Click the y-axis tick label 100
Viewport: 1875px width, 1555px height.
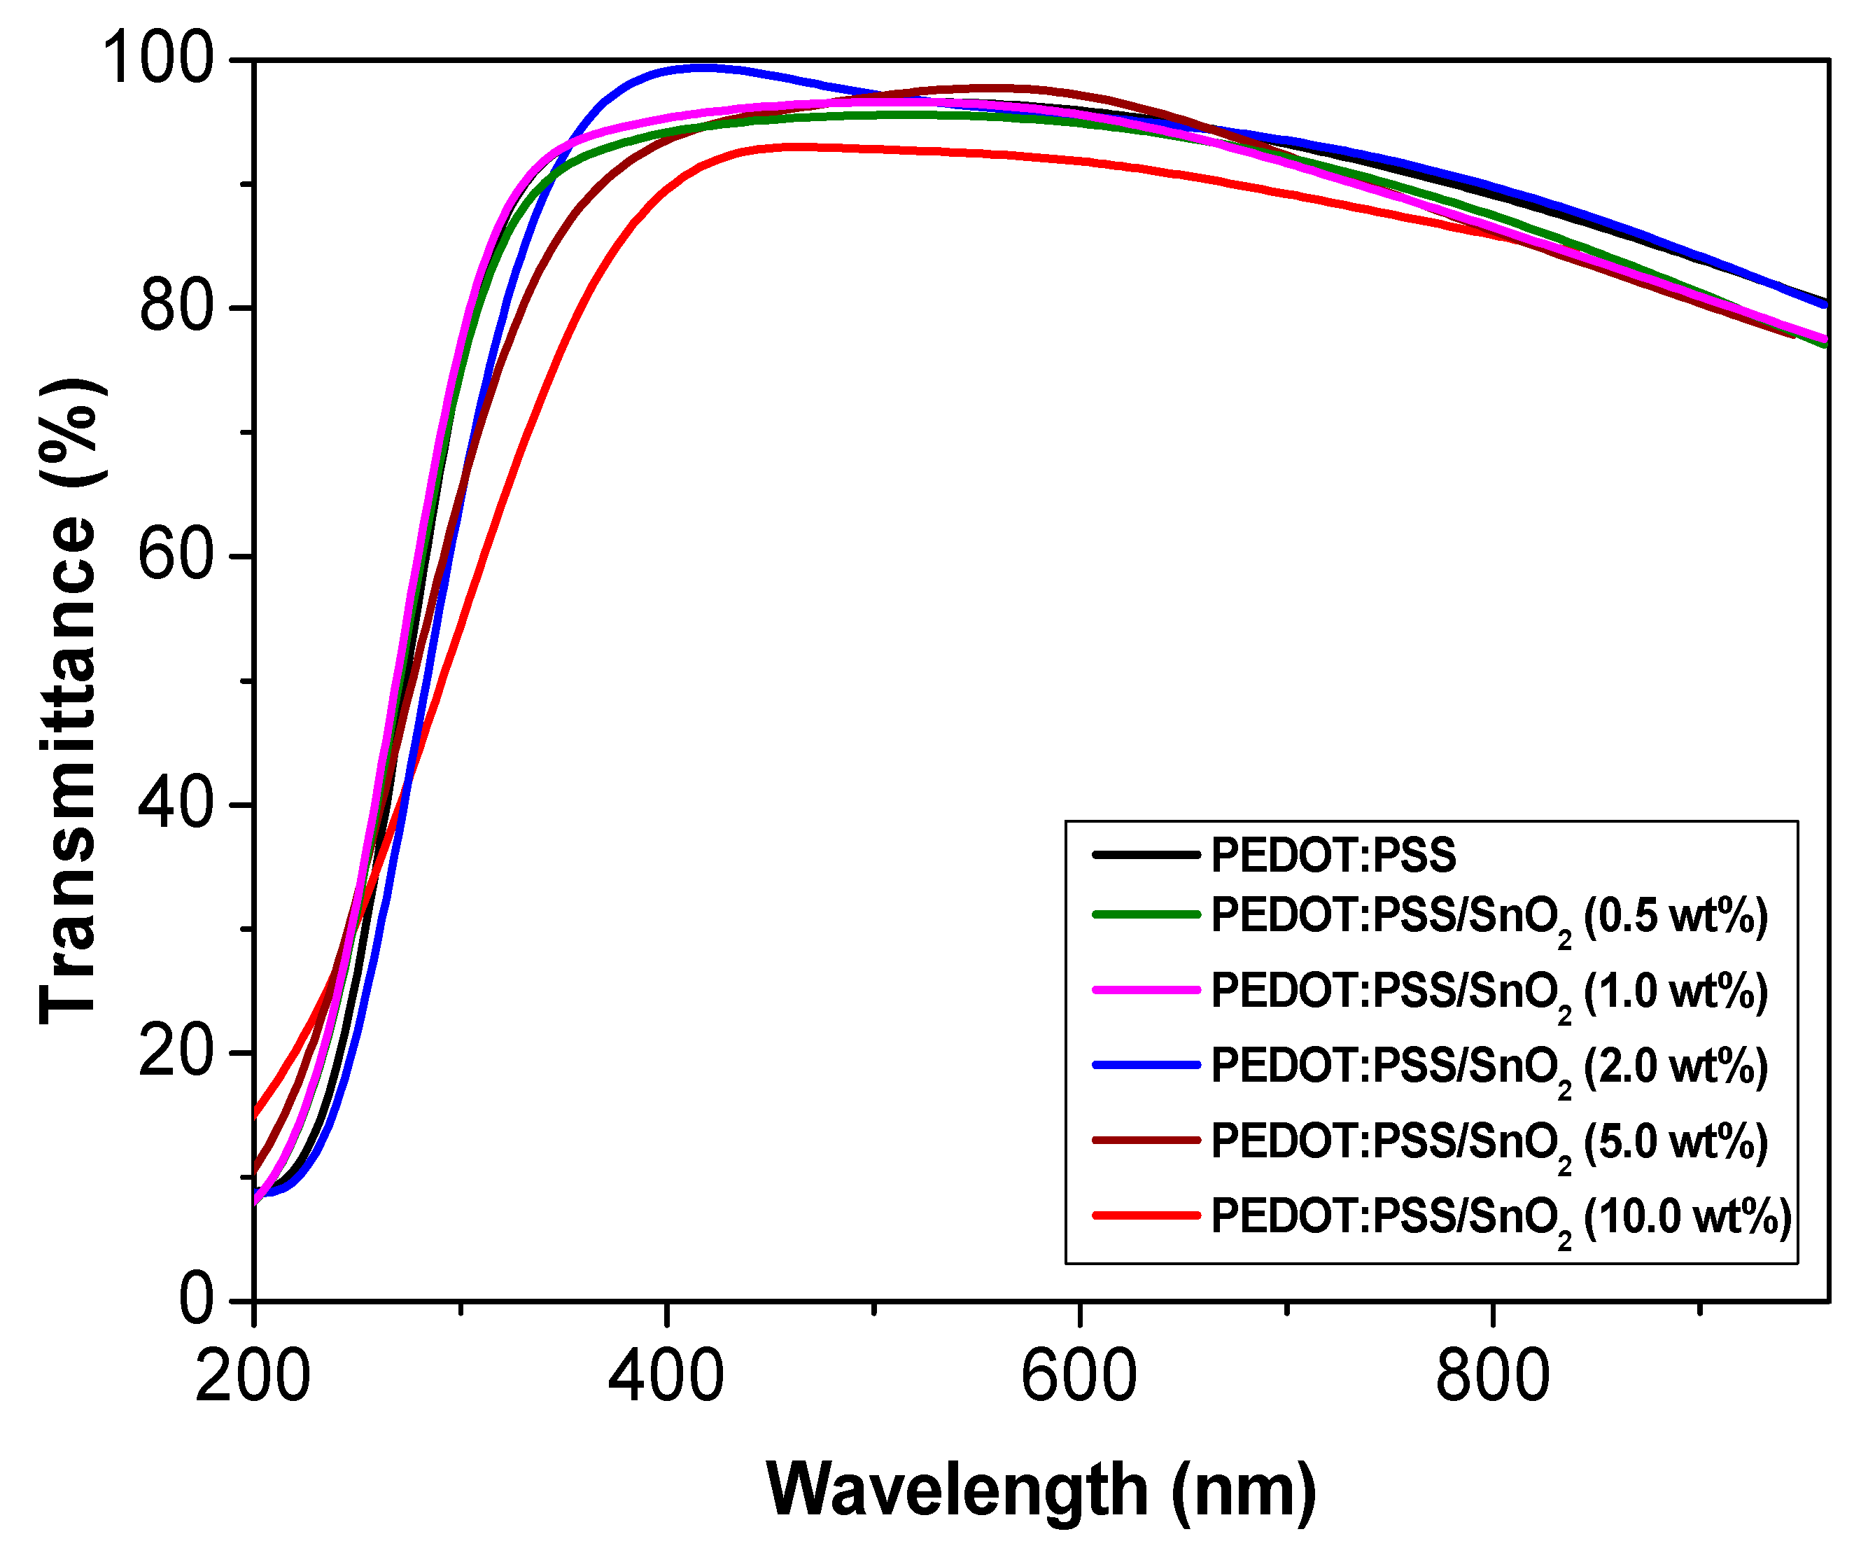point(159,58)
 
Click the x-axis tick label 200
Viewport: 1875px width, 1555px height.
point(253,1376)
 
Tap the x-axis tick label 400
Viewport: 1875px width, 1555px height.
point(666,1376)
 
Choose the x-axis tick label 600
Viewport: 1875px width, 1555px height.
point(1079,1376)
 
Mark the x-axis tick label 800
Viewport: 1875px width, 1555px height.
point(1492,1376)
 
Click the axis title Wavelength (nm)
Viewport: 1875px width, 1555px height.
point(1041,1490)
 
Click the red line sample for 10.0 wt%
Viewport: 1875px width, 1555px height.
point(1146,1215)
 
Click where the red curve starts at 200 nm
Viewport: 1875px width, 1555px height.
point(256,1114)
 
